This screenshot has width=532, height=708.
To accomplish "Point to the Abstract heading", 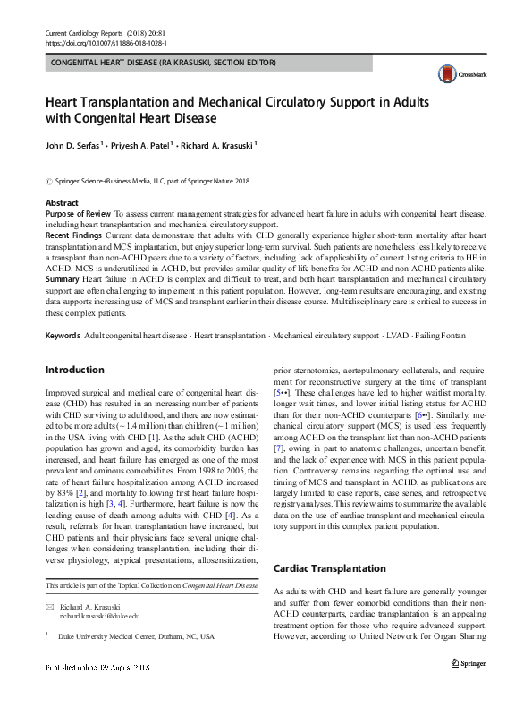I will [x=62, y=204].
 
